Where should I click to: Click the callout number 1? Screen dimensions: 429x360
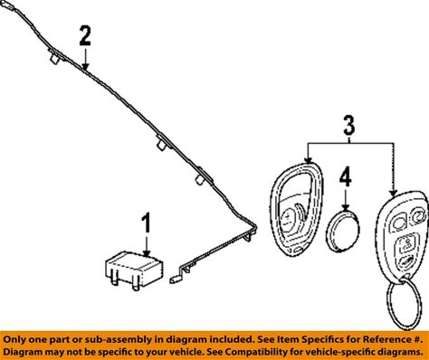pyautogui.click(x=146, y=223)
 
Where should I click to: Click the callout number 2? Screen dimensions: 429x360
pyautogui.click(x=85, y=36)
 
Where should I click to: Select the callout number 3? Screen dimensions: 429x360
pyautogui.click(x=349, y=126)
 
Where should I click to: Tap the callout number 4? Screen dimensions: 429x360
pyautogui.click(x=346, y=177)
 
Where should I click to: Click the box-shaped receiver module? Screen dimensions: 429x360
pyautogui.click(x=134, y=270)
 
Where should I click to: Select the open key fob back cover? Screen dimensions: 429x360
pyautogui.click(x=296, y=209)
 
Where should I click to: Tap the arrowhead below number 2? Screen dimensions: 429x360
pyautogui.click(x=86, y=66)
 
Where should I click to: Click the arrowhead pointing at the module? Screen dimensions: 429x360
pyautogui.click(x=147, y=253)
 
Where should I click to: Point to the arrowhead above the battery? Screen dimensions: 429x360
pyautogui.click(x=346, y=207)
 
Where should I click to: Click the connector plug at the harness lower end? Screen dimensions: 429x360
pyautogui.click(x=174, y=279)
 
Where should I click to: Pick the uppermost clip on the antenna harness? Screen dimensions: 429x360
pyautogui.click(x=54, y=57)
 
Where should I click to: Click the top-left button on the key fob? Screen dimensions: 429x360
pyautogui.click(x=398, y=223)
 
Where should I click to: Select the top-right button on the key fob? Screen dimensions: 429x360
pyautogui.click(x=419, y=216)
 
